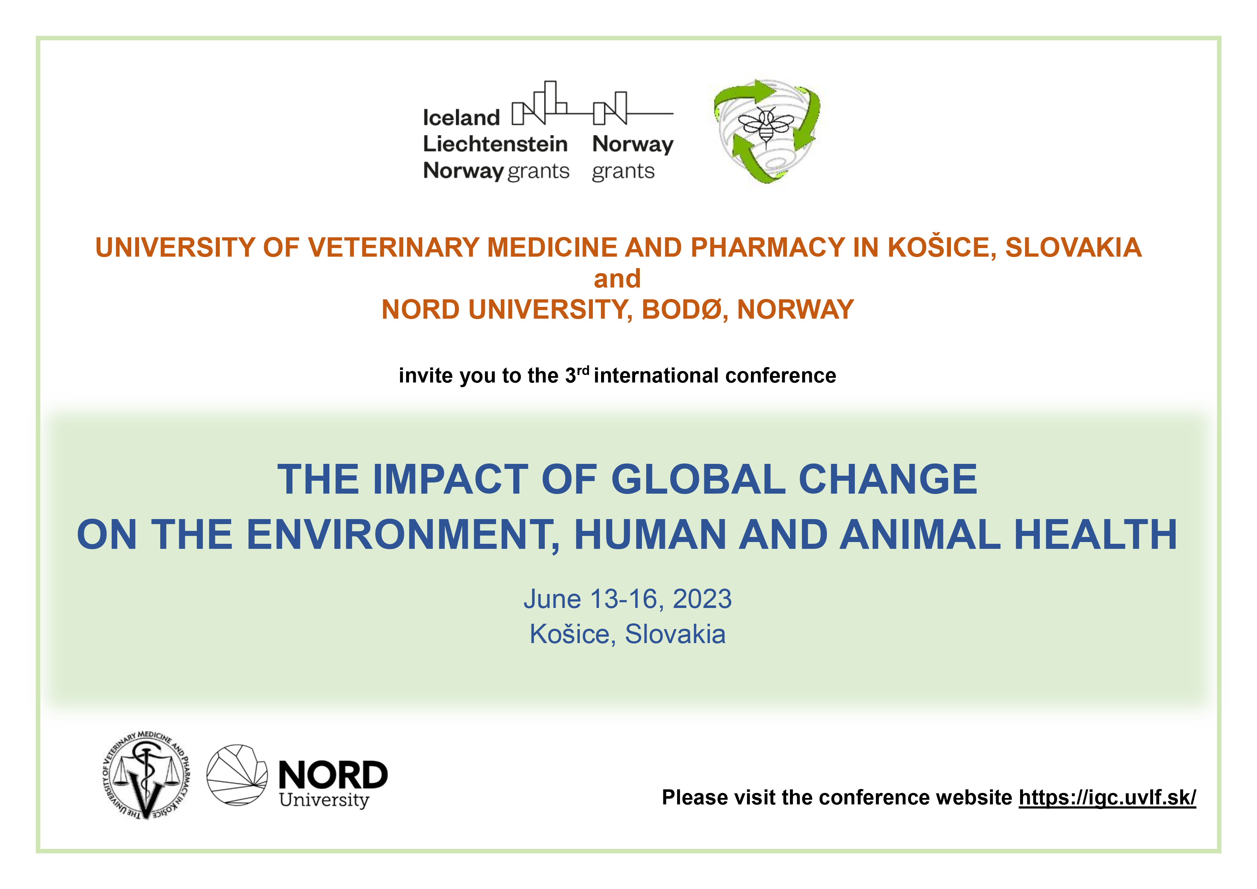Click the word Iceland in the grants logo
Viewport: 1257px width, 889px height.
pos(461,118)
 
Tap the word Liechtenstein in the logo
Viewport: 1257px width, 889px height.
pos(495,144)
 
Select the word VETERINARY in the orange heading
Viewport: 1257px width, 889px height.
pos(394,247)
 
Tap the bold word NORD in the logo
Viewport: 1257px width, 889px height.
pos(333,775)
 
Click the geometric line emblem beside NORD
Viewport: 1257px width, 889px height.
pos(237,775)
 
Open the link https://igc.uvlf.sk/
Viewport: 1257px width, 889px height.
pos(1107,798)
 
